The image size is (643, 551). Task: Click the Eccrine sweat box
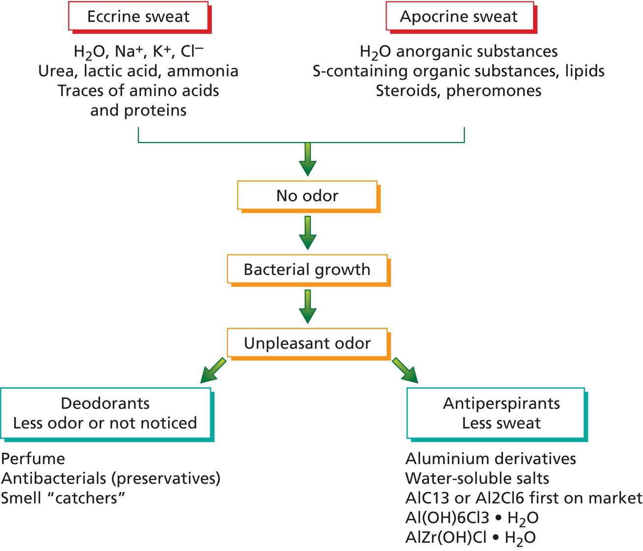(x=138, y=17)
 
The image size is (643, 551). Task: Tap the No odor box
(x=307, y=196)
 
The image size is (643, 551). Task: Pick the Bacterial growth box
(x=307, y=269)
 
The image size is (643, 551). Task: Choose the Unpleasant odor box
(x=307, y=343)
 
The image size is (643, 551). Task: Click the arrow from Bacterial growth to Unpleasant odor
(x=307, y=306)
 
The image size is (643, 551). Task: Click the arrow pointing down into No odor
(x=307, y=158)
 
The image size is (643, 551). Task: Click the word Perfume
(x=33, y=459)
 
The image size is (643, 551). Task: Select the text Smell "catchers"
(x=63, y=498)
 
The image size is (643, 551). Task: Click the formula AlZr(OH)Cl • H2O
(x=470, y=538)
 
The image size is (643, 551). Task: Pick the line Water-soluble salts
(x=477, y=478)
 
